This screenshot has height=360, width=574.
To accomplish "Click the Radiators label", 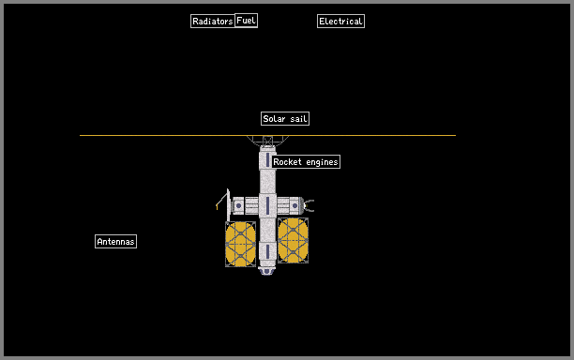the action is point(213,22).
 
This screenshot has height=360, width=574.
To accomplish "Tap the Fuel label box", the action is point(246,21).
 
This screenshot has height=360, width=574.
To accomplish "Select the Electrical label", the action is point(340,22).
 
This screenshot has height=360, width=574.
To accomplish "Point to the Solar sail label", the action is point(285,118).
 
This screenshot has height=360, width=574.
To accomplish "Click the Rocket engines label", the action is point(306,161).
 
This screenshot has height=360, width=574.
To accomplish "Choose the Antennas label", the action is point(115,242).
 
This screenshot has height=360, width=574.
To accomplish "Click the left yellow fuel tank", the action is point(240,244).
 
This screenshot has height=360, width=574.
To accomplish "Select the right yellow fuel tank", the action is point(293,240).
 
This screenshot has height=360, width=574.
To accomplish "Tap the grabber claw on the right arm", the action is point(309,205).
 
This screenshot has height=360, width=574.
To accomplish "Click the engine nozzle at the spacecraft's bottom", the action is point(267,271).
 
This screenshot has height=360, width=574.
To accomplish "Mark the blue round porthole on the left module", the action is point(238,205).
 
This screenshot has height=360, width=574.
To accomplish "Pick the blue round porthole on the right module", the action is point(295,205).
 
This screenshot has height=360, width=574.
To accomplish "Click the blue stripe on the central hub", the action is point(267,205).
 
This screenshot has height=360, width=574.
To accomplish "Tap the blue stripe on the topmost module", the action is point(267,160).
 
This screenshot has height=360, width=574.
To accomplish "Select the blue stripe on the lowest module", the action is point(267,251).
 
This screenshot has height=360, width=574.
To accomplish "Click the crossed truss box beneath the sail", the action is point(267,141).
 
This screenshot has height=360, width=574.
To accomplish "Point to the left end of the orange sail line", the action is point(80,135).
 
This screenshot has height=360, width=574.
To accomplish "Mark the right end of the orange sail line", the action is point(456,135).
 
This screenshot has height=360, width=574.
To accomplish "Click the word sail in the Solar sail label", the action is point(298,118).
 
